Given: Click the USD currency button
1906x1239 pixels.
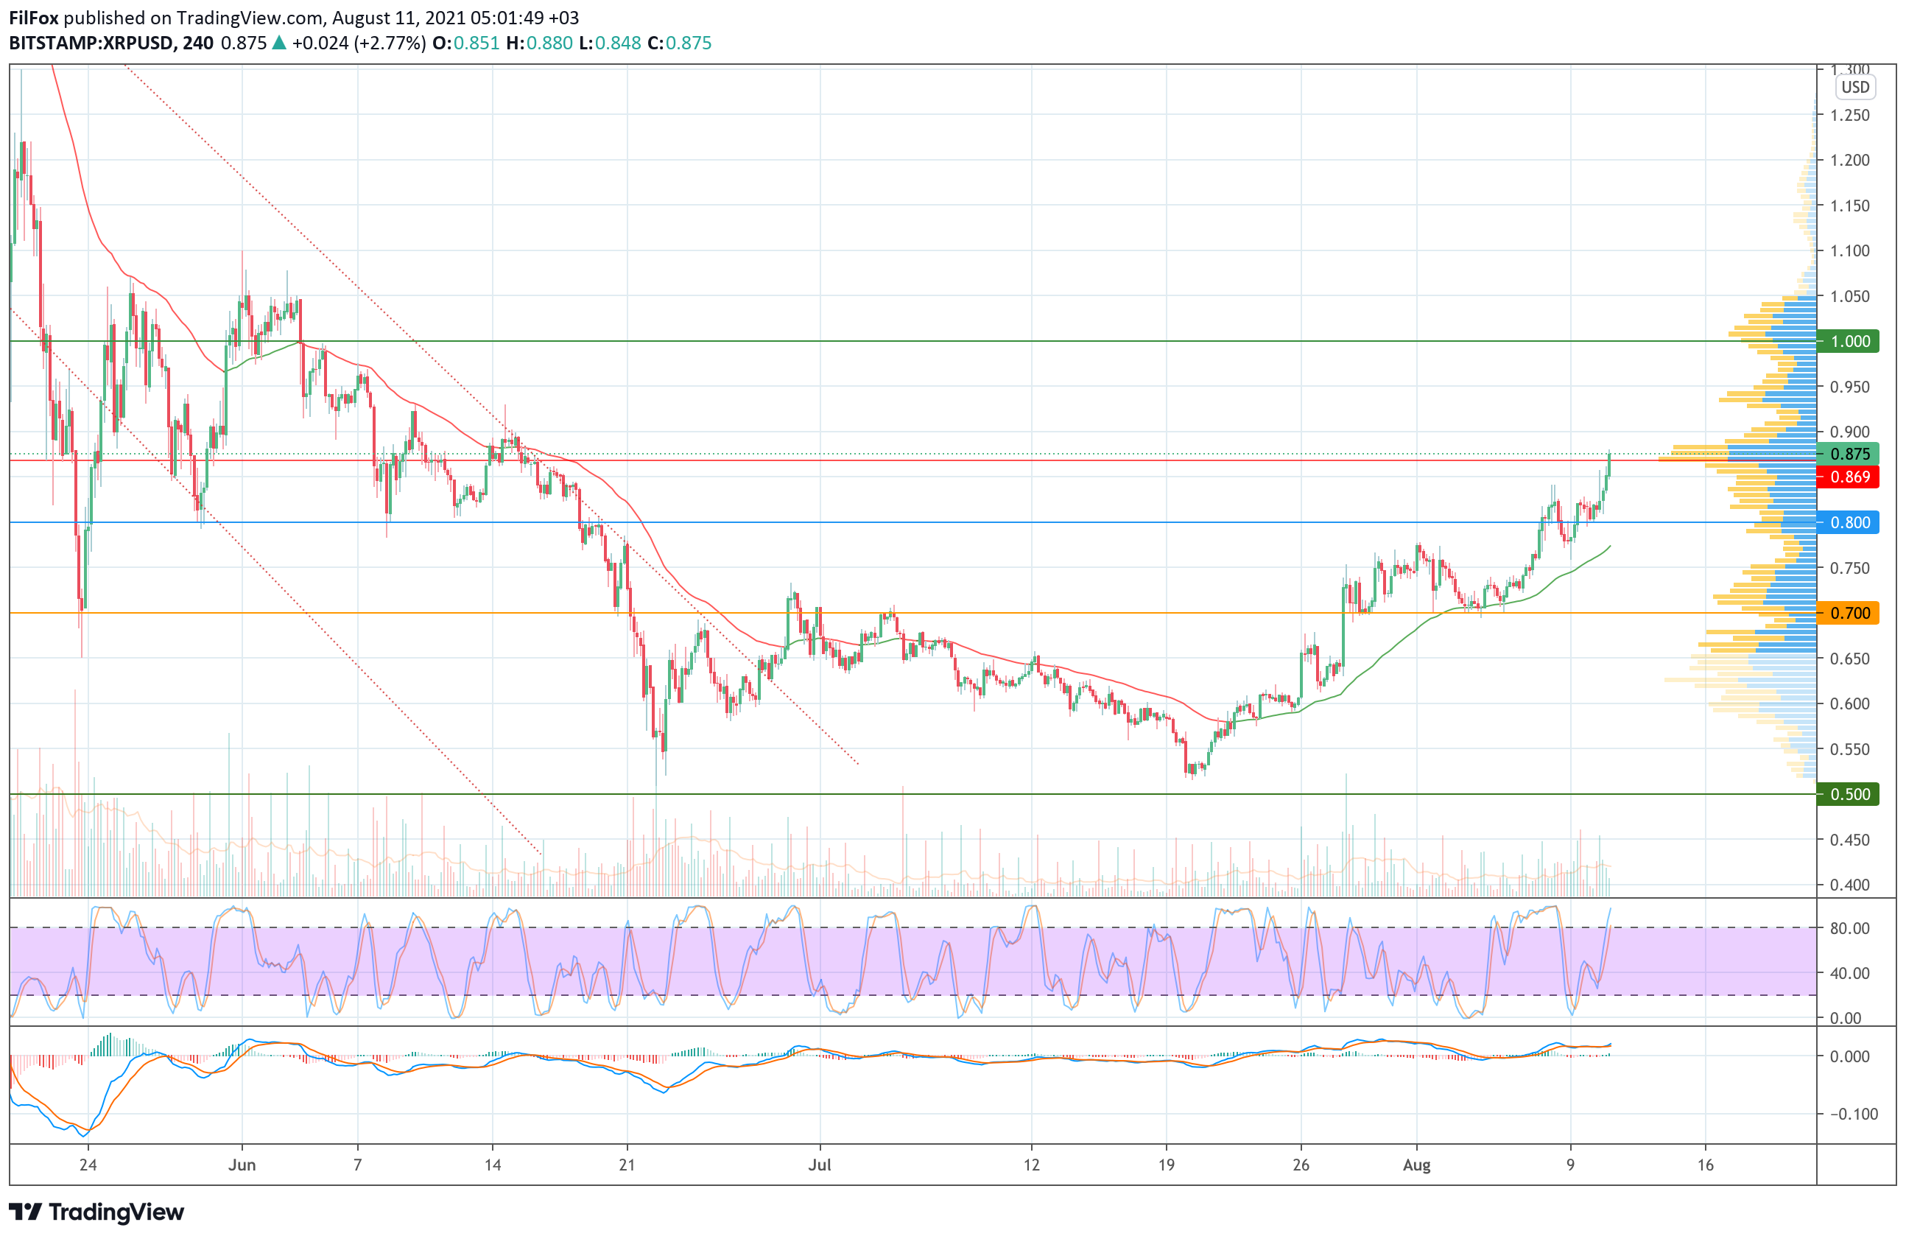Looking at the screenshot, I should pos(1854,88).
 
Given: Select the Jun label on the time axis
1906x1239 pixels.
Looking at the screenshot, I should pos(242,1165).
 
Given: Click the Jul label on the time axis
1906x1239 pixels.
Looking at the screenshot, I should pos(819,1165).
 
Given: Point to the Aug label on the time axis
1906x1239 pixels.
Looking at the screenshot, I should pos(1417,1165).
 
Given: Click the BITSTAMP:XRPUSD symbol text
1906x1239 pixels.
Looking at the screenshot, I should pos(91,43).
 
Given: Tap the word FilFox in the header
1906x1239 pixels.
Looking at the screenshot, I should pos(34,18).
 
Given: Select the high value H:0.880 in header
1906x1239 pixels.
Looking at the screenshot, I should pos(539,43).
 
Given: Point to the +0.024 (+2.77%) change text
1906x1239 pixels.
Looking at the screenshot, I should pos(358,43).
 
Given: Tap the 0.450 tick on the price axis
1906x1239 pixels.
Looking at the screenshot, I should pos(1850,839).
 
